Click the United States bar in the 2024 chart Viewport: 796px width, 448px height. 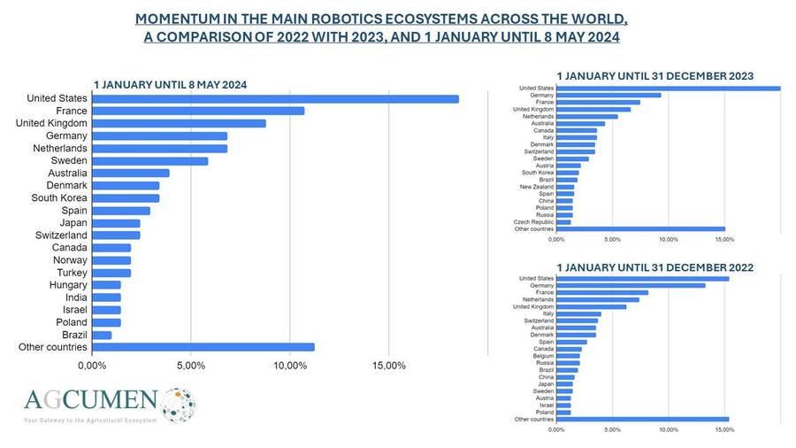click(x=275, y=98)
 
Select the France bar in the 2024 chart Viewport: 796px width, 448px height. click(x=198, y=111)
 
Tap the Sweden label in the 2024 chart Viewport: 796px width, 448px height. click(x=69, y=161)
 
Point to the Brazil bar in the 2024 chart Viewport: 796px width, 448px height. click(x=102, y=335)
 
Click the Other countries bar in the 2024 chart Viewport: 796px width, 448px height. click(x=203, y=347)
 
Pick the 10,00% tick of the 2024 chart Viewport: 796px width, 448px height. click(x=290, y=366)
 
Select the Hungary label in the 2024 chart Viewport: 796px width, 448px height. click(x=68, y=285)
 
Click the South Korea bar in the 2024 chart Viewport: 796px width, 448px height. click(x=126, y=198)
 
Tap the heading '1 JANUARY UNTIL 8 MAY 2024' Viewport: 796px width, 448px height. click(x=170, y=84)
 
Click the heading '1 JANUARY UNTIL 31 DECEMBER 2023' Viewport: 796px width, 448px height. click(x=654, y=76)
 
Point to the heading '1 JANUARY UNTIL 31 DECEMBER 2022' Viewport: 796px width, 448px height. click(x=654, y=266)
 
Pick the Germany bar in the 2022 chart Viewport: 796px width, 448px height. click(x=631, y=285)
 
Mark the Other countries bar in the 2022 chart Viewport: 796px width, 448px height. click(x=642, y=419)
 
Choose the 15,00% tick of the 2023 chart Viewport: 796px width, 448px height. click(x=723, y=239)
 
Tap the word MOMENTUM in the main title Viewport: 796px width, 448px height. click(x=183, y=19)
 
